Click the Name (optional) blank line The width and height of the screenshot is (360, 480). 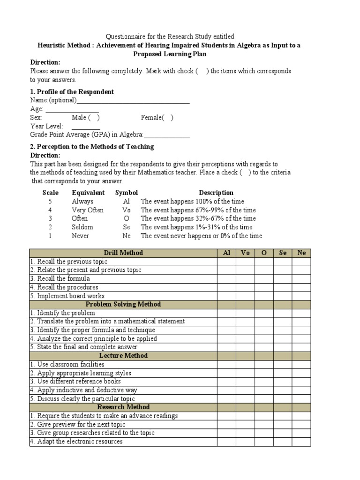tap(133, 101)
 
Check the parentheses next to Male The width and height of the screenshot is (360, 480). tap(94, 118)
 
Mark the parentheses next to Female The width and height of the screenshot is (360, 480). tap(168, 118)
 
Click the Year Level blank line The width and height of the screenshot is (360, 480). tap(86, 127)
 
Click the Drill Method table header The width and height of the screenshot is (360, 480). tap(123, 253)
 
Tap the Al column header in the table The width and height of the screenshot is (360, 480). tap(226, 253)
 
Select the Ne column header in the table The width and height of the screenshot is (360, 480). tap(301, 253)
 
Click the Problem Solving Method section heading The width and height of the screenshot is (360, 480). tap(123, 304)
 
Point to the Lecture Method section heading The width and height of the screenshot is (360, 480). tap(123, 356)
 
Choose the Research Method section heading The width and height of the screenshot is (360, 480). tap(123, 407)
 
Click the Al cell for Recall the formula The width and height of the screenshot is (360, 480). tap(226, 279)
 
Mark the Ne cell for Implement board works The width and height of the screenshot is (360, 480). tap(301, 296)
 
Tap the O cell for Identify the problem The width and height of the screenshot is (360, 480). tap(264, 313)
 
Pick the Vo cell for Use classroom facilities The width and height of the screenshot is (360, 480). tap(245, 364)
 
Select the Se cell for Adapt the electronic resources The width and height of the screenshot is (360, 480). tap(283, 442)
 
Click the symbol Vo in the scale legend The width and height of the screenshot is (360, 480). tap(127, 210)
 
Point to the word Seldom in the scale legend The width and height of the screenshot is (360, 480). tap(82, 227)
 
